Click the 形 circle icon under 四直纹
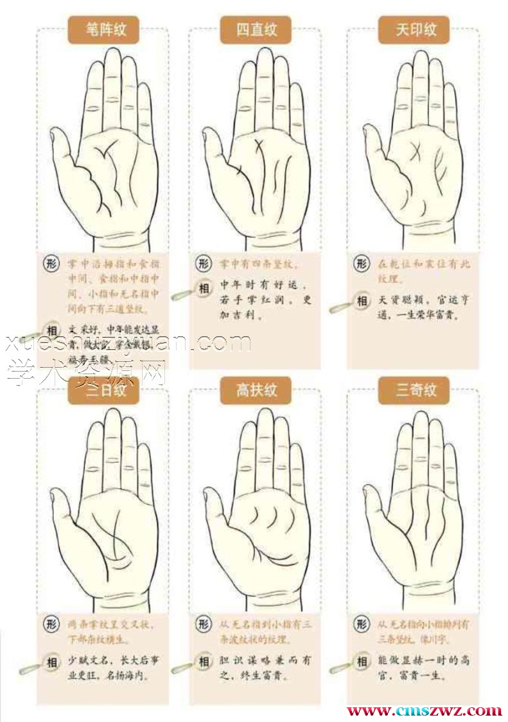[x=204, y=264]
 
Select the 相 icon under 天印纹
[x=362, y=301]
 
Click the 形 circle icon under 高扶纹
[x=204, y=623]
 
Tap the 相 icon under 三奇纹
[x=362, y=662]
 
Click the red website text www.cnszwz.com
[x=424, y=711]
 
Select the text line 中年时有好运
[x=264, y=285]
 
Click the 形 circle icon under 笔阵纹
[x=51, y=264]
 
